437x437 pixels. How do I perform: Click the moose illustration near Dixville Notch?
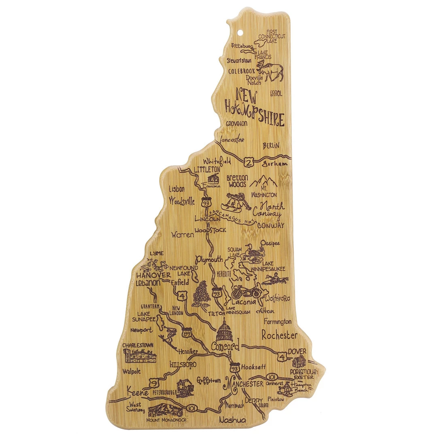tap(274, 71)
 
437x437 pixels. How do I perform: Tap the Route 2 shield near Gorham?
tap(249, 162)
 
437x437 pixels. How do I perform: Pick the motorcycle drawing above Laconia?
tap(245, 291)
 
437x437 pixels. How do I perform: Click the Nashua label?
tap(232, 420)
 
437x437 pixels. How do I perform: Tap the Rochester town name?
tap(279, 335)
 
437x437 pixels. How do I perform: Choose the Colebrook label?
tap(242, 71)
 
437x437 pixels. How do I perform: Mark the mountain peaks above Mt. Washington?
tap(263, 181)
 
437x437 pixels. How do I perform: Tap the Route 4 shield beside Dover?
tap(282, 356)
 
